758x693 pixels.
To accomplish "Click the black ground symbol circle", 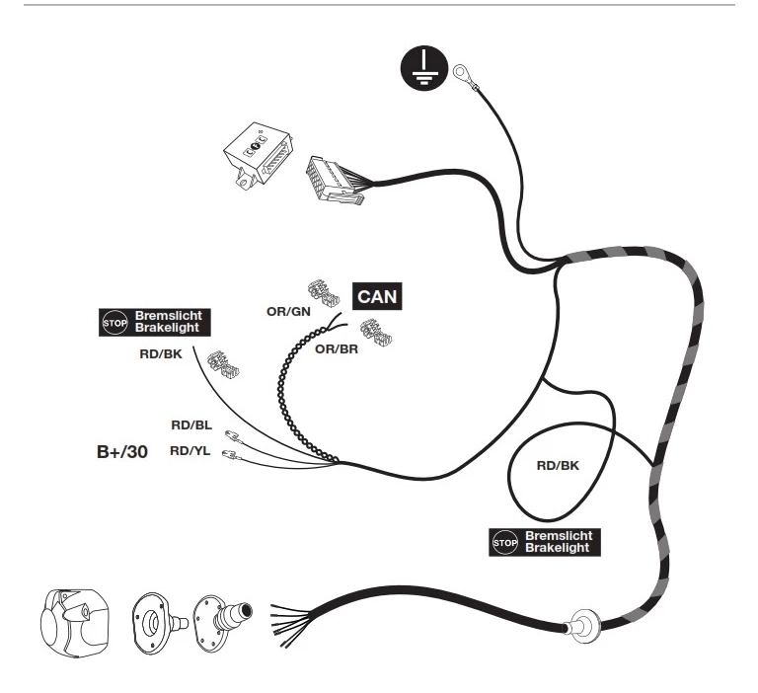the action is tap(424, 69).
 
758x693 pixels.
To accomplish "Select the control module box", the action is tap(259, 155).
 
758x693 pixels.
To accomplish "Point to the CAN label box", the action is tap(377, 296).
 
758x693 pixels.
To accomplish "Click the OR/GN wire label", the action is tap(288, 311).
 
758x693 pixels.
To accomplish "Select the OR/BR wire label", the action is tap(337, 348).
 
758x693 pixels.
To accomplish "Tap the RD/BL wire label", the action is tap(191, 425).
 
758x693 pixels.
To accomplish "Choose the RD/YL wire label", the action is tap(189, 451).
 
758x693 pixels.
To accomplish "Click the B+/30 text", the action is tap(122, 452).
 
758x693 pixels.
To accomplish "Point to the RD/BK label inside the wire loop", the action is tap(558, 465).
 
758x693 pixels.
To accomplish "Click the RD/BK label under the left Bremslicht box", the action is tap(161, 354).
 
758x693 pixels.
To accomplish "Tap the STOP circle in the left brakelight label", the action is tap(115, 323).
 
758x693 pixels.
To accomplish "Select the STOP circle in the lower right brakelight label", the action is tap(505, 543).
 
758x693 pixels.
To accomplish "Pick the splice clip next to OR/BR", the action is tap(376, 333).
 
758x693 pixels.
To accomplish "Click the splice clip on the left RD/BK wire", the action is tap(223, 364).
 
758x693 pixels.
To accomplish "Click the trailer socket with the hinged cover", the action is tap(74, 624).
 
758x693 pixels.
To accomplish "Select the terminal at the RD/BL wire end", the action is tap(234, 436).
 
